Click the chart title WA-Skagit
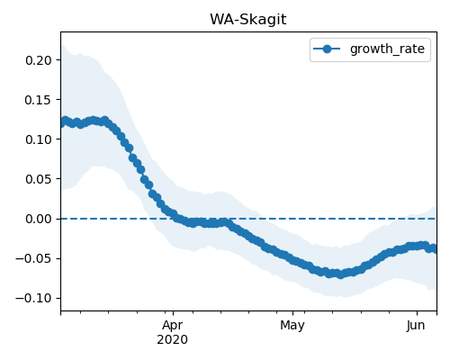(248, 20)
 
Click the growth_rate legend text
(387, 49)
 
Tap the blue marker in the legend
(327, 49)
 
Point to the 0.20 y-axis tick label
(39, 60)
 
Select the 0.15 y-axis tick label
(39, 100)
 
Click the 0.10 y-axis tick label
(39, 139)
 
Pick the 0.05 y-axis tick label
(39, 179)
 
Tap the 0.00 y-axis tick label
(39, 219)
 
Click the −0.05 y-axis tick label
(34, 258)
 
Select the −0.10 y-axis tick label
(34, 298)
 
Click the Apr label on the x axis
(173, 326)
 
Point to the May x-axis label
(292, 326)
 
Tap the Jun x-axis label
(416, 325)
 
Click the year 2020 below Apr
(173, 339)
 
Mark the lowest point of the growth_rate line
(340, 274)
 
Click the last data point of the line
(435, 249)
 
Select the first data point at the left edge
(61, 123)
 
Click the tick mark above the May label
(293, 313)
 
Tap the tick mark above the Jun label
(417, 313)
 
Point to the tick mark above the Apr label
(173, 313)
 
